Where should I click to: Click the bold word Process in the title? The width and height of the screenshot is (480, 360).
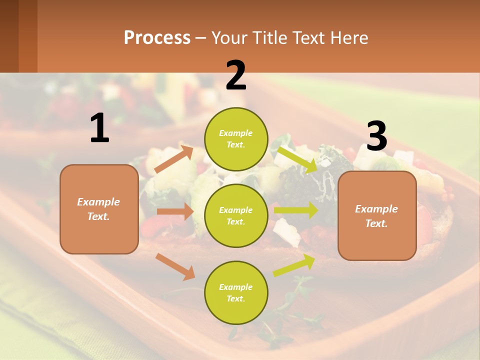(x=157, y=37)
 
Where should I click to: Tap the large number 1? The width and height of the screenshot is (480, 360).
(x=99, y=128)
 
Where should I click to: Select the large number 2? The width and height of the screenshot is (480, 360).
(x=236, y=75)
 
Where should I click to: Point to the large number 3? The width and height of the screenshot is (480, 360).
(x=376, y=136)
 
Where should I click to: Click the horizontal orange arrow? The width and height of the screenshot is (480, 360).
(x=175, y=211)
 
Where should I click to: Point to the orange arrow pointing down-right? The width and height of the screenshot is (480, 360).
(x=175, y=266)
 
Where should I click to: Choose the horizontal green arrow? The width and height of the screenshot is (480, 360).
(x=296, y=210)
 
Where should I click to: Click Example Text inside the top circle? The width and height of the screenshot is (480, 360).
(x=236, y=139)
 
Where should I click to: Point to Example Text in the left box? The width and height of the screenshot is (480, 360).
(x=98, y=209)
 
